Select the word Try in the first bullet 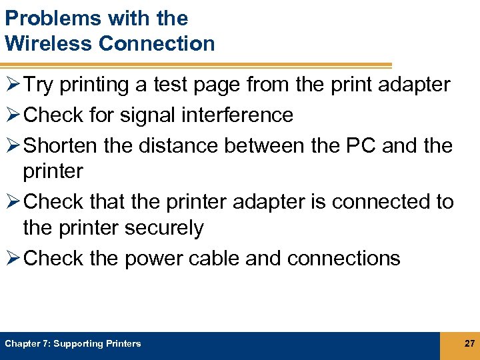pyautogui.click(x=39, y=85)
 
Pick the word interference pyautogui.click(x=241, y=115)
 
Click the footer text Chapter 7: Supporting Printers pyautogui.click(x=73, y=344)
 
